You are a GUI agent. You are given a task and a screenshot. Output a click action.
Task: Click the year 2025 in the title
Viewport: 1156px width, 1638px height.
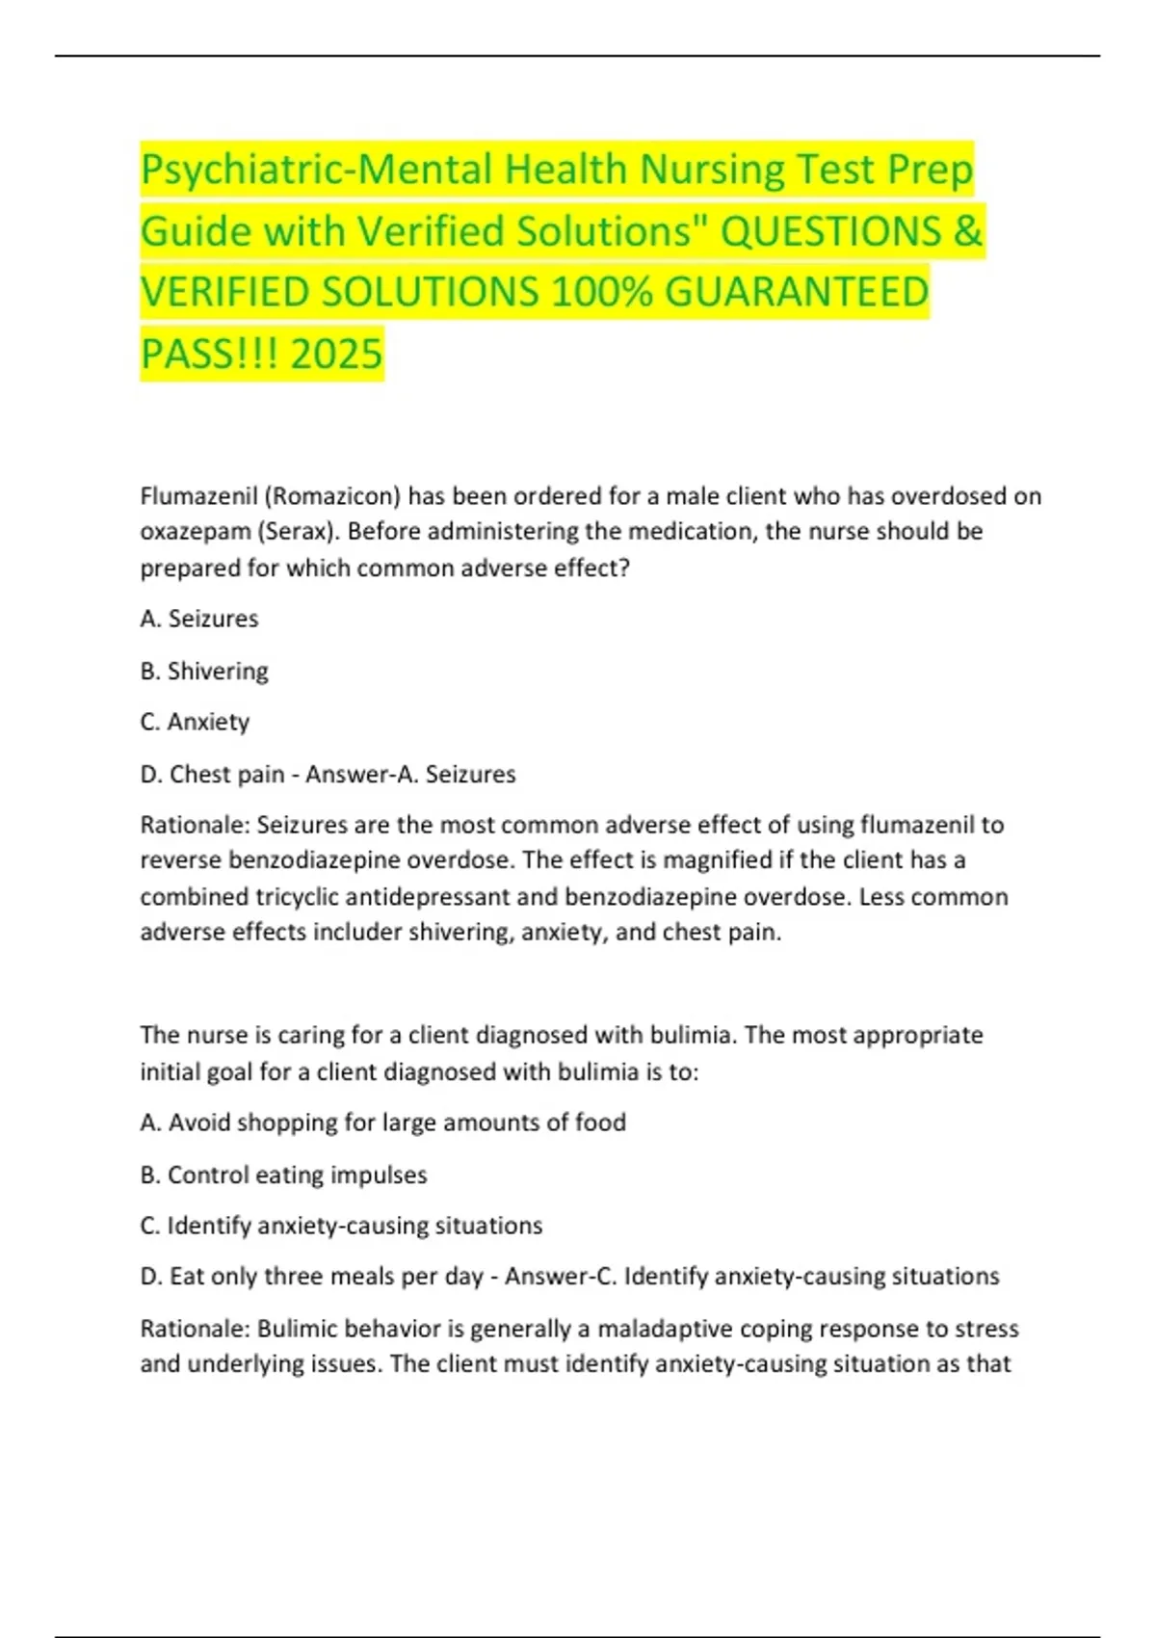click(336, 354)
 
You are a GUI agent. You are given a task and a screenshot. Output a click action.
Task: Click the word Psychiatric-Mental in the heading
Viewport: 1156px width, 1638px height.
click(317, 170)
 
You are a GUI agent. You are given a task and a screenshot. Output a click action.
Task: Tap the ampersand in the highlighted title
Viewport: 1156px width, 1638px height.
click(968, 231)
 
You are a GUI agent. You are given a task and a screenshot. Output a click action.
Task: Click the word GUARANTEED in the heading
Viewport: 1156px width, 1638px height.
click(797, 292)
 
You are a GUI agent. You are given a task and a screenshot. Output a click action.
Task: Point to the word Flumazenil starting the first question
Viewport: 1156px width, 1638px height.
click(197, 496)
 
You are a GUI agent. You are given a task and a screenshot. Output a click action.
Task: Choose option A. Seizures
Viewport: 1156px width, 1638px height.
click(199, 619)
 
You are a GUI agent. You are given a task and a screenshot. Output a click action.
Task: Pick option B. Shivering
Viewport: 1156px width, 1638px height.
click(204, 671)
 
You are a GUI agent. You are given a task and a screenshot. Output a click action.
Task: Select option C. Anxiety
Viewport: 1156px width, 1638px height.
click(195, 722)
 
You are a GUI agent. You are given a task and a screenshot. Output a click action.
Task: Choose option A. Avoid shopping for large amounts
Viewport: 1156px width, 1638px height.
click(382, 1123)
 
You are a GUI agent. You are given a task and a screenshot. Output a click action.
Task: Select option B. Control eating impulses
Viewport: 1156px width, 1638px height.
click(283, 1175)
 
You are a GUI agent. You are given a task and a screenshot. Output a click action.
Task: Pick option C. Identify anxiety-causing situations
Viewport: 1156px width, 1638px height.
click(341, 1226)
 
